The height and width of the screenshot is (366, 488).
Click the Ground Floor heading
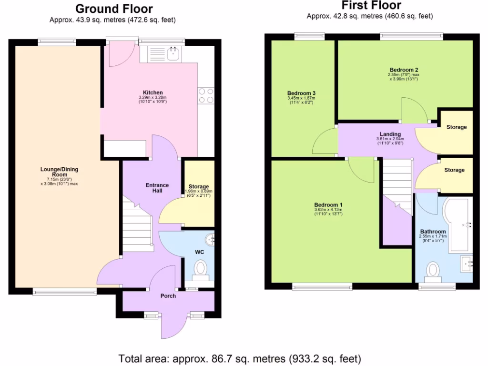coord(114,9)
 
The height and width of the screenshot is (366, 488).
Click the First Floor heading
coord(372,6)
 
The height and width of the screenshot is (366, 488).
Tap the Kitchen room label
coord(153,92)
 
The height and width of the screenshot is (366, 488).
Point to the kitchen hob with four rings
coord(206,95)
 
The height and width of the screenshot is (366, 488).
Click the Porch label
coord(168,296)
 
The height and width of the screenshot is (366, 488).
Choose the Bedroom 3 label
coord(302,93)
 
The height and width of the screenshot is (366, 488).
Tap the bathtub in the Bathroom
coord(457,224)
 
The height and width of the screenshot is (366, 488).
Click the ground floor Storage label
coord(199,186)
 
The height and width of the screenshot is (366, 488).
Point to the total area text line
coord(240,358)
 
